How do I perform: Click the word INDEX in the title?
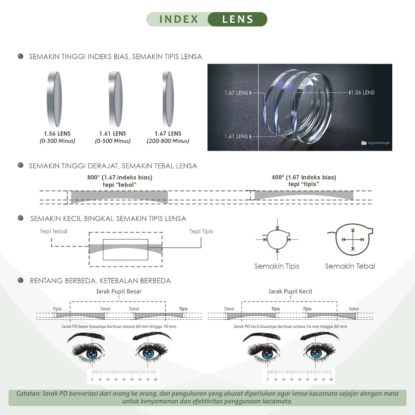click(179, 19)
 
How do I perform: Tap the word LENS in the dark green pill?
click(238, 19)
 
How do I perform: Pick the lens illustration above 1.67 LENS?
click(168, 98)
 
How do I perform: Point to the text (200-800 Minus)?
click(168, 141)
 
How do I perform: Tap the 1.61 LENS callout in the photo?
click(236, 137)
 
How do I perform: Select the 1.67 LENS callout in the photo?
click(236, 93)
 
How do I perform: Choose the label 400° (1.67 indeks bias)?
click(304, 178)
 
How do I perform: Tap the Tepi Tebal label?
click(53, 231)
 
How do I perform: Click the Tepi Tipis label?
click(201, 231)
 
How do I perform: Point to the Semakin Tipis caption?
click(277, 266)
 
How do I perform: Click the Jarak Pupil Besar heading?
click(119, 291)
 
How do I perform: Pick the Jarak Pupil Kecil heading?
click(290, 291)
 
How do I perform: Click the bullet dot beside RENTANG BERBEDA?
click(21, 280)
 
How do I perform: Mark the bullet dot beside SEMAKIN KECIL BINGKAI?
click(21, 218)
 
